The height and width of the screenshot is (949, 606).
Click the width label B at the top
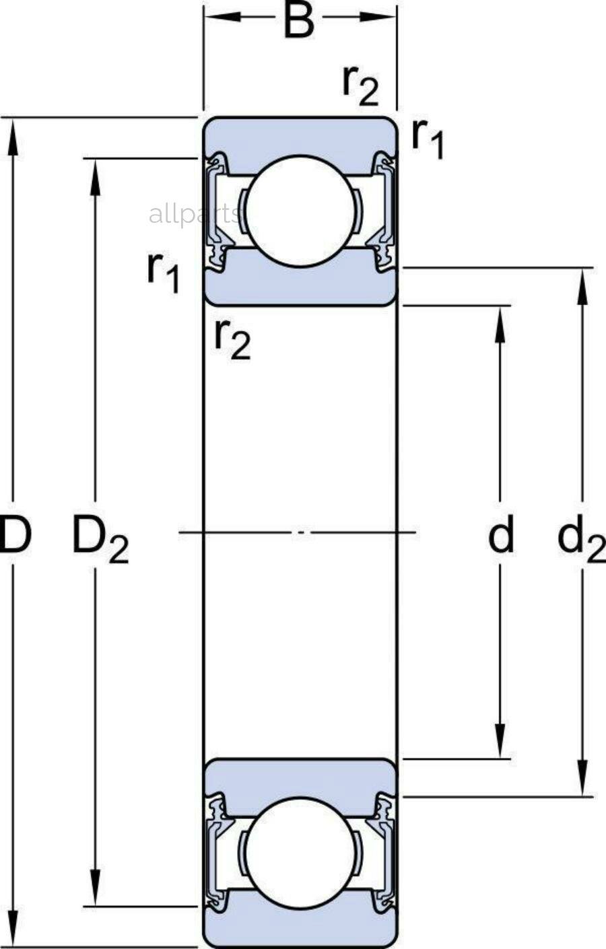point(299,20)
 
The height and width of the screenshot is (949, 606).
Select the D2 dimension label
point(100,539)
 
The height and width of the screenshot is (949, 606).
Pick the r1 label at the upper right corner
point(428,138)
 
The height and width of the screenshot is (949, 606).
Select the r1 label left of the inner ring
point(164,273)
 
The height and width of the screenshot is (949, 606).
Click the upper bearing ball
point(300,210)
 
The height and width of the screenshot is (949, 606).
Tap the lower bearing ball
point(300,851)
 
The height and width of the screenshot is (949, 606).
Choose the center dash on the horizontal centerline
point(300,533)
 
